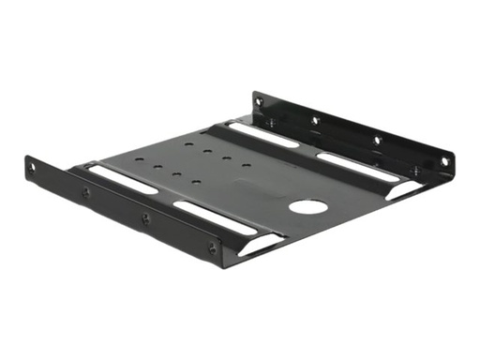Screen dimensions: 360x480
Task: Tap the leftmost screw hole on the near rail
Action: pos(33,169)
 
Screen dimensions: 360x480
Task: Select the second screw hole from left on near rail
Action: pos(86,192)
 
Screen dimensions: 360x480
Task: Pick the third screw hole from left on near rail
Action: pos(145,219)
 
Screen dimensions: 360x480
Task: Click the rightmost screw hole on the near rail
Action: pos(213,249)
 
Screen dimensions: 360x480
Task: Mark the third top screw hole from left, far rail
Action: pos(376,140)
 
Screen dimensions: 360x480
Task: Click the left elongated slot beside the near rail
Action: pos(123,179)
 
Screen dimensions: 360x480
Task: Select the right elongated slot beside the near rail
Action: pos(214,217)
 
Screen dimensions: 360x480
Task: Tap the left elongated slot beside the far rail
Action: pos(263,135)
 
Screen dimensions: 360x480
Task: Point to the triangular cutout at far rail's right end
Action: pos(405,190)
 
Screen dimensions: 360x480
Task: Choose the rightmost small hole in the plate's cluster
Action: pos(247,166)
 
